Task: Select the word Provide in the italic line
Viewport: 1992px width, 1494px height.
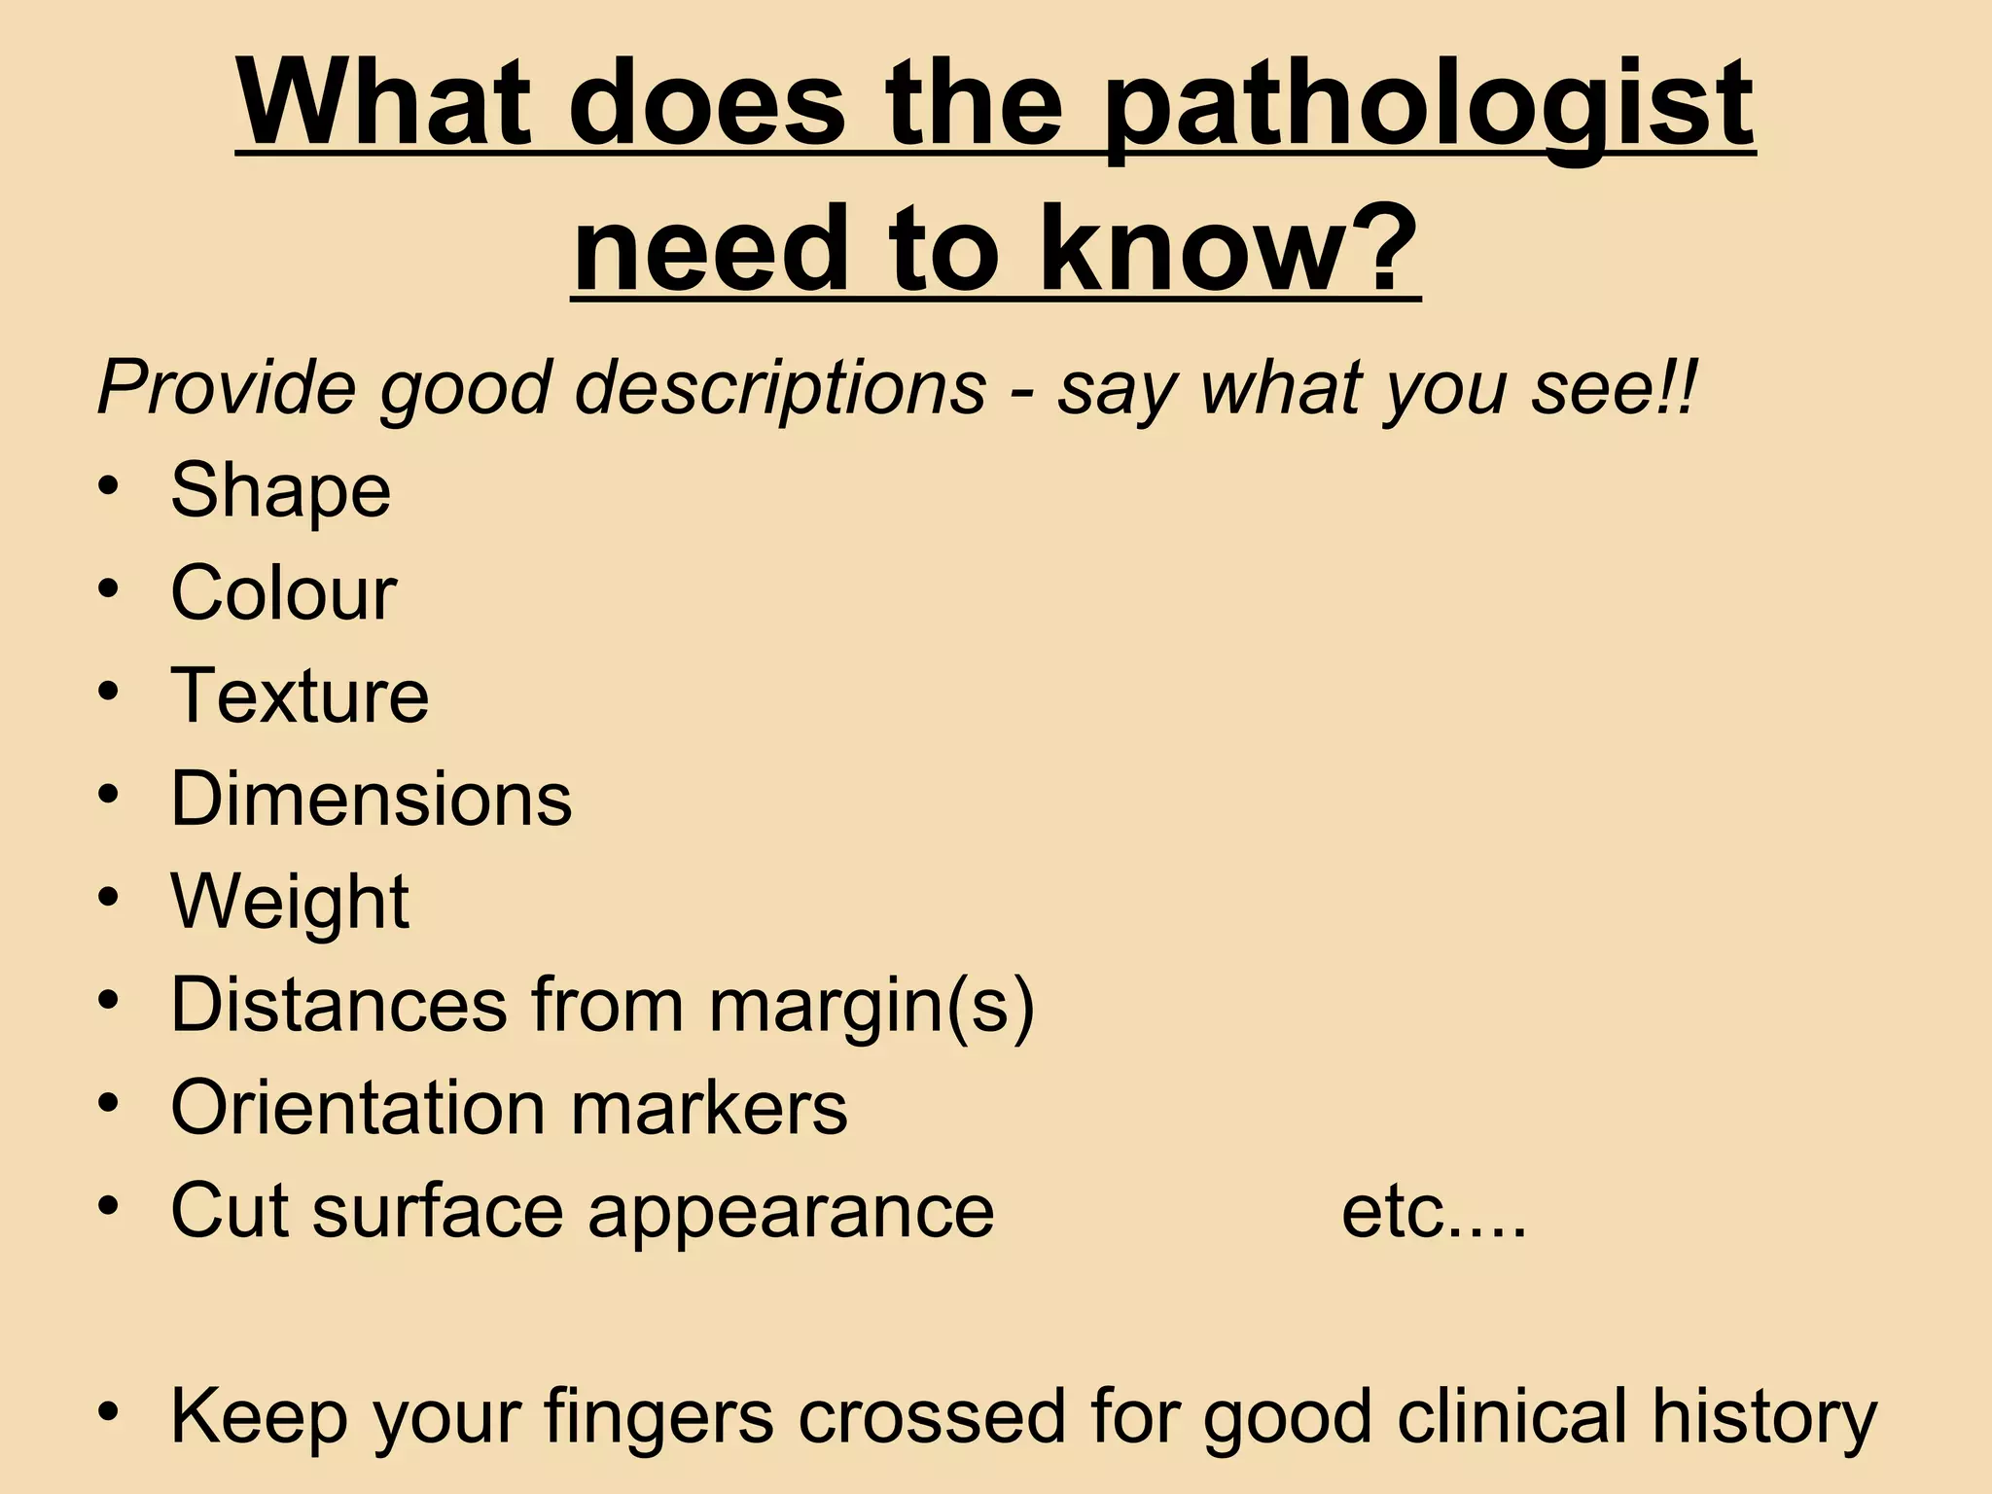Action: [228, 387]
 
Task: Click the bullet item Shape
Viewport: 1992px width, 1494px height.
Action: [280, 491]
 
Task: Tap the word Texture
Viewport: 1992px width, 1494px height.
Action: [300, 695]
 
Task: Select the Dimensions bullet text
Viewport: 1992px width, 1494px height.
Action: [372, 799]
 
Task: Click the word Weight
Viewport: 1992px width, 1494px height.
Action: [290, 903]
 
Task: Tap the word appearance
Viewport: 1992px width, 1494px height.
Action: [791, 1212]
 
